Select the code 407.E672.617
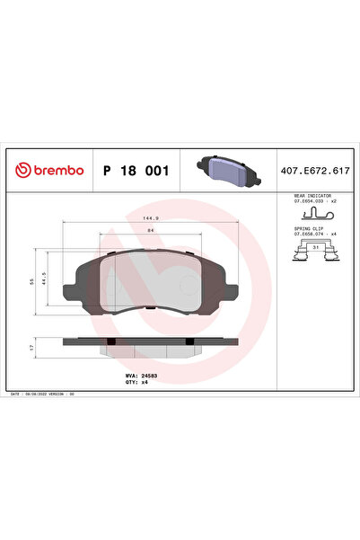(x=317, y=171)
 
